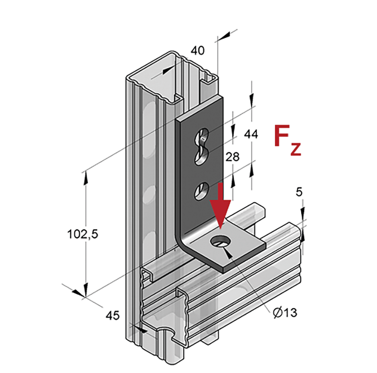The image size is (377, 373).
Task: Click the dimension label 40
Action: point(197,51)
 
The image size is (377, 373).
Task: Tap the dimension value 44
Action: point(251,134)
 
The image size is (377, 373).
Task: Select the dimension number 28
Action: point(232,157)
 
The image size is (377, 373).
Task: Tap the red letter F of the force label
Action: point(282,136)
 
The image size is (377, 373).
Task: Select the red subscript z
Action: point(295,149)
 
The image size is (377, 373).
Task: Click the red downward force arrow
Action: point(220,205)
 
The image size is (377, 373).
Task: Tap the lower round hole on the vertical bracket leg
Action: point(202,189)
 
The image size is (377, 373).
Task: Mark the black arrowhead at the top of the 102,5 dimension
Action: point(85,178)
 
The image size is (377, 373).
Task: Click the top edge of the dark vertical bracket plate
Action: point(199,108)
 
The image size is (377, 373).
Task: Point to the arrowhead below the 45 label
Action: point(141,330)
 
